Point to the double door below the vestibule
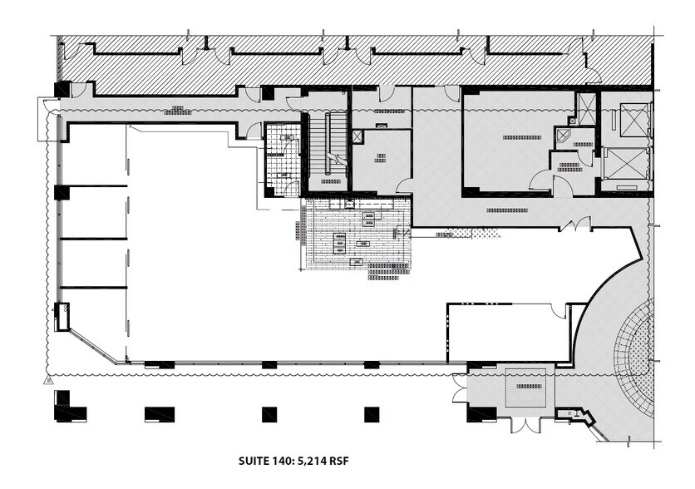(525, 425)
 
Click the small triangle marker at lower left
(49, 380)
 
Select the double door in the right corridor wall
(575, 224)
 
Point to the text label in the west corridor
(175, 109)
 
